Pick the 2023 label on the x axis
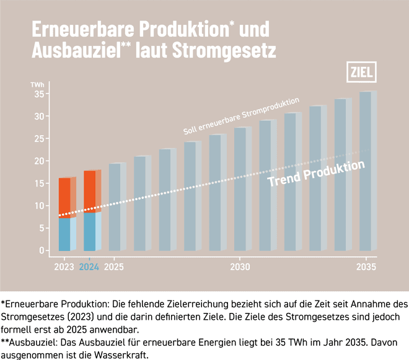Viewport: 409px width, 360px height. [x=64, y=267]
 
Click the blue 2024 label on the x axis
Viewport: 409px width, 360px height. [x=90, y=267]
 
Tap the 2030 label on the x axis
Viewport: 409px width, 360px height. [x=240, y=267]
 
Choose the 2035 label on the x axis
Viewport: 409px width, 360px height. [x=366, y=267]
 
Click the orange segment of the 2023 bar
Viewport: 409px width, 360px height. [x=64, y=198]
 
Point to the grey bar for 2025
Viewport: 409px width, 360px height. [x=115, y=207]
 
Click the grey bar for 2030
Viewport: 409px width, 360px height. [x=240, y=189]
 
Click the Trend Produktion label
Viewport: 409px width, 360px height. [x=315, y=174]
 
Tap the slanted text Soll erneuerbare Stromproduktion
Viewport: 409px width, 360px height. [x=242, y=116]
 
